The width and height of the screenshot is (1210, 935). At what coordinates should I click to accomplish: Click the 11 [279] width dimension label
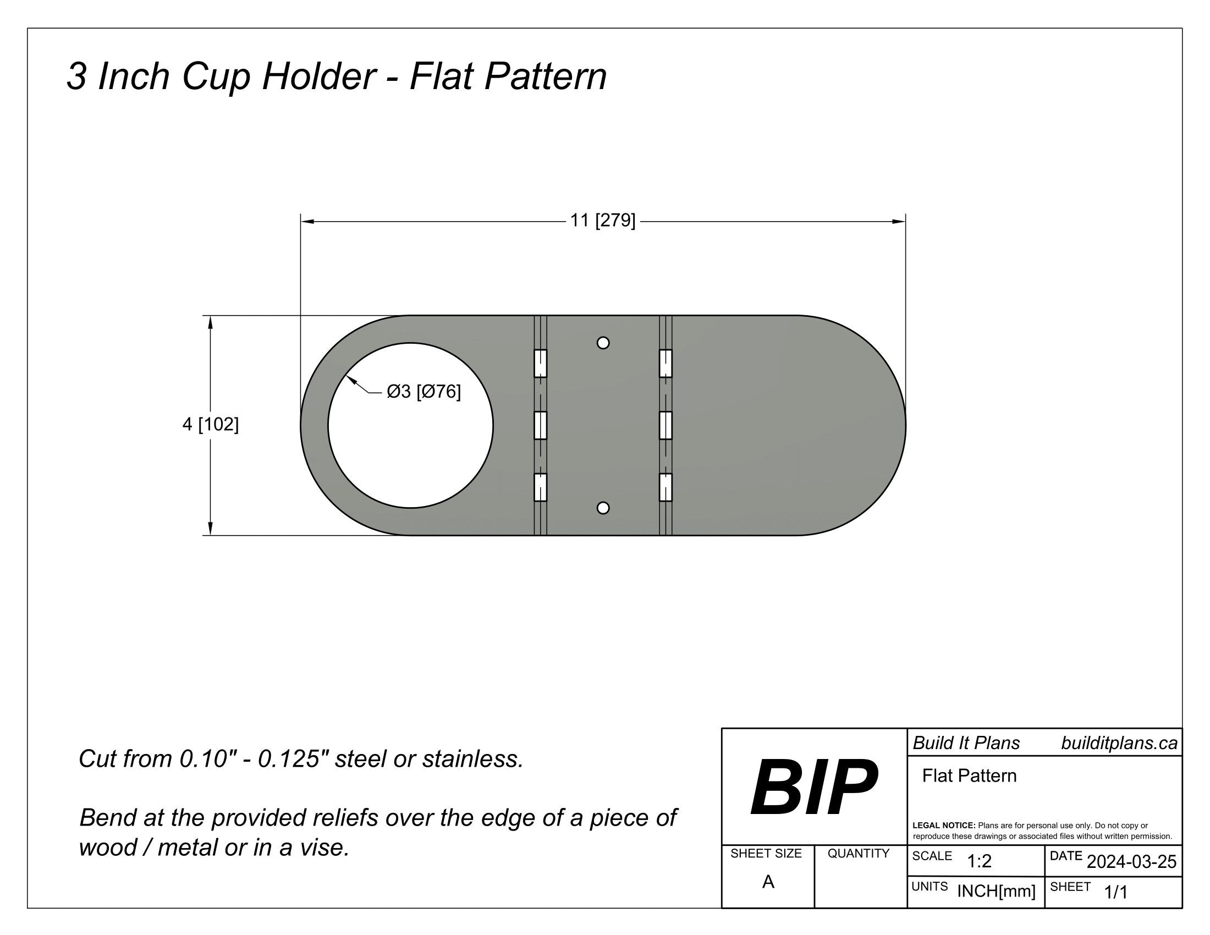603,221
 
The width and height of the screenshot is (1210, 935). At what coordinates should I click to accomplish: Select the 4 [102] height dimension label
211,425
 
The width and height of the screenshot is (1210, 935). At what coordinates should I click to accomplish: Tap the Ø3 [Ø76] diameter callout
424,392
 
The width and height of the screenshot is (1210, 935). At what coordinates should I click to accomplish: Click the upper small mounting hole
603,343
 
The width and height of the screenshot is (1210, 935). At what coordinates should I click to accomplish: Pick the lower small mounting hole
603,508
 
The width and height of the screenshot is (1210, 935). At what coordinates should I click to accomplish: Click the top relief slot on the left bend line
540,364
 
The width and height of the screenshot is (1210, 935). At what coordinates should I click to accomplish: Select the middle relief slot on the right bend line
665,425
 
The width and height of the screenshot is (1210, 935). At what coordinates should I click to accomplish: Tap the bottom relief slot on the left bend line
540,487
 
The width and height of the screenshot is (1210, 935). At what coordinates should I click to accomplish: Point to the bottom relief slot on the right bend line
665,487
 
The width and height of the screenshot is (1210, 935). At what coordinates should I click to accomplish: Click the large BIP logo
814,787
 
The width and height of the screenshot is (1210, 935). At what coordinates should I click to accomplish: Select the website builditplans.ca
1119,744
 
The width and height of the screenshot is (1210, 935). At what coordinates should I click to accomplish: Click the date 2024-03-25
1131,862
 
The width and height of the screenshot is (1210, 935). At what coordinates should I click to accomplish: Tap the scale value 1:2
979,861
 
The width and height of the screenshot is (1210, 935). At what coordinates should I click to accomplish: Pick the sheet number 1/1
1116,892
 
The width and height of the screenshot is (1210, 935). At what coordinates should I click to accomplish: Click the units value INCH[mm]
996,891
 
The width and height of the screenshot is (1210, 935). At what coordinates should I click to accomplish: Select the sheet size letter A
768,882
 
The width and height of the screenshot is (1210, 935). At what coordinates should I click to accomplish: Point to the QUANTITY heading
858,854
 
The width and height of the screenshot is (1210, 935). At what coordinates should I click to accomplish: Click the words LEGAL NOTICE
943,826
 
